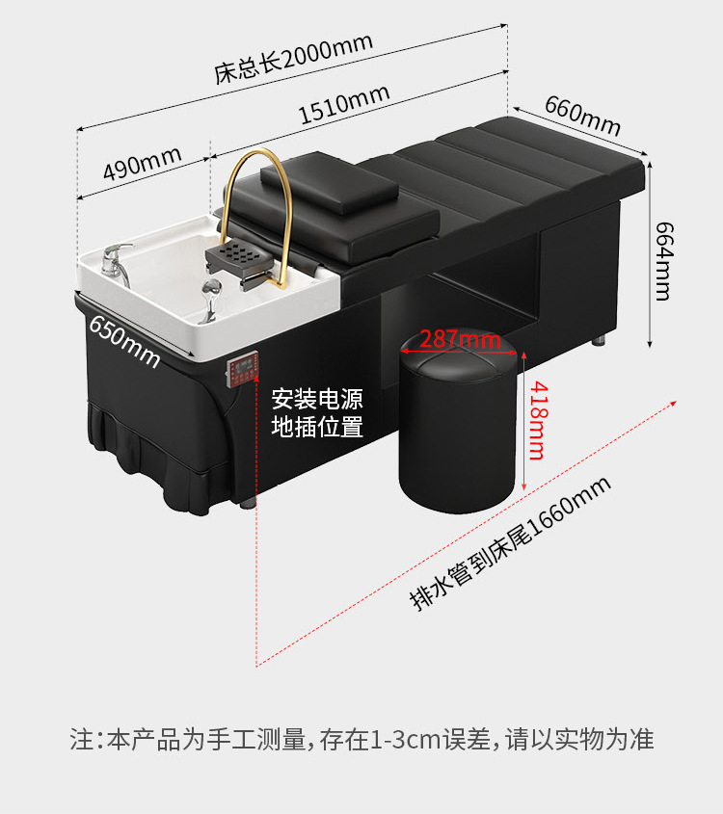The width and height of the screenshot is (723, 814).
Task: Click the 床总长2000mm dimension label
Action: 293,58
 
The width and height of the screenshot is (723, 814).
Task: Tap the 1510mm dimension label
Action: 344,104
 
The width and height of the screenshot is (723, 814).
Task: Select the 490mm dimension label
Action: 143,163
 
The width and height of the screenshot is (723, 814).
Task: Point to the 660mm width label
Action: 582,116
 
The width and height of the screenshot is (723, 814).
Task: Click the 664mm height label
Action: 663,261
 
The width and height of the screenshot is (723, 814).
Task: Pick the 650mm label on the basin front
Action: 124,341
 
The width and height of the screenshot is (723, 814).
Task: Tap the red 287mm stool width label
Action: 460,339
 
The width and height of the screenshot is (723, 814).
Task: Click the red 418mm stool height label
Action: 538,421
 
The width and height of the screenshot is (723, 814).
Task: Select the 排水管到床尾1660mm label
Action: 510,543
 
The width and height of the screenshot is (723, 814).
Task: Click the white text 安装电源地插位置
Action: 317,412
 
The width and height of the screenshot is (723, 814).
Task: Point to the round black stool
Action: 459,421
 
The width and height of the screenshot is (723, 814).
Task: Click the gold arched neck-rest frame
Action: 258,213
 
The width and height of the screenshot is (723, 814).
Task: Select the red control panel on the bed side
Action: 242,369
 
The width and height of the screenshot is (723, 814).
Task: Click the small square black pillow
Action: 330,183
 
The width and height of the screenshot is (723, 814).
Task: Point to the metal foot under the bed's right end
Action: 600,339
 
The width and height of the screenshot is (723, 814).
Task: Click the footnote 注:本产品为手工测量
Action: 188,739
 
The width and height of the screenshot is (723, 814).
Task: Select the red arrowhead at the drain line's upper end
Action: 673,403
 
